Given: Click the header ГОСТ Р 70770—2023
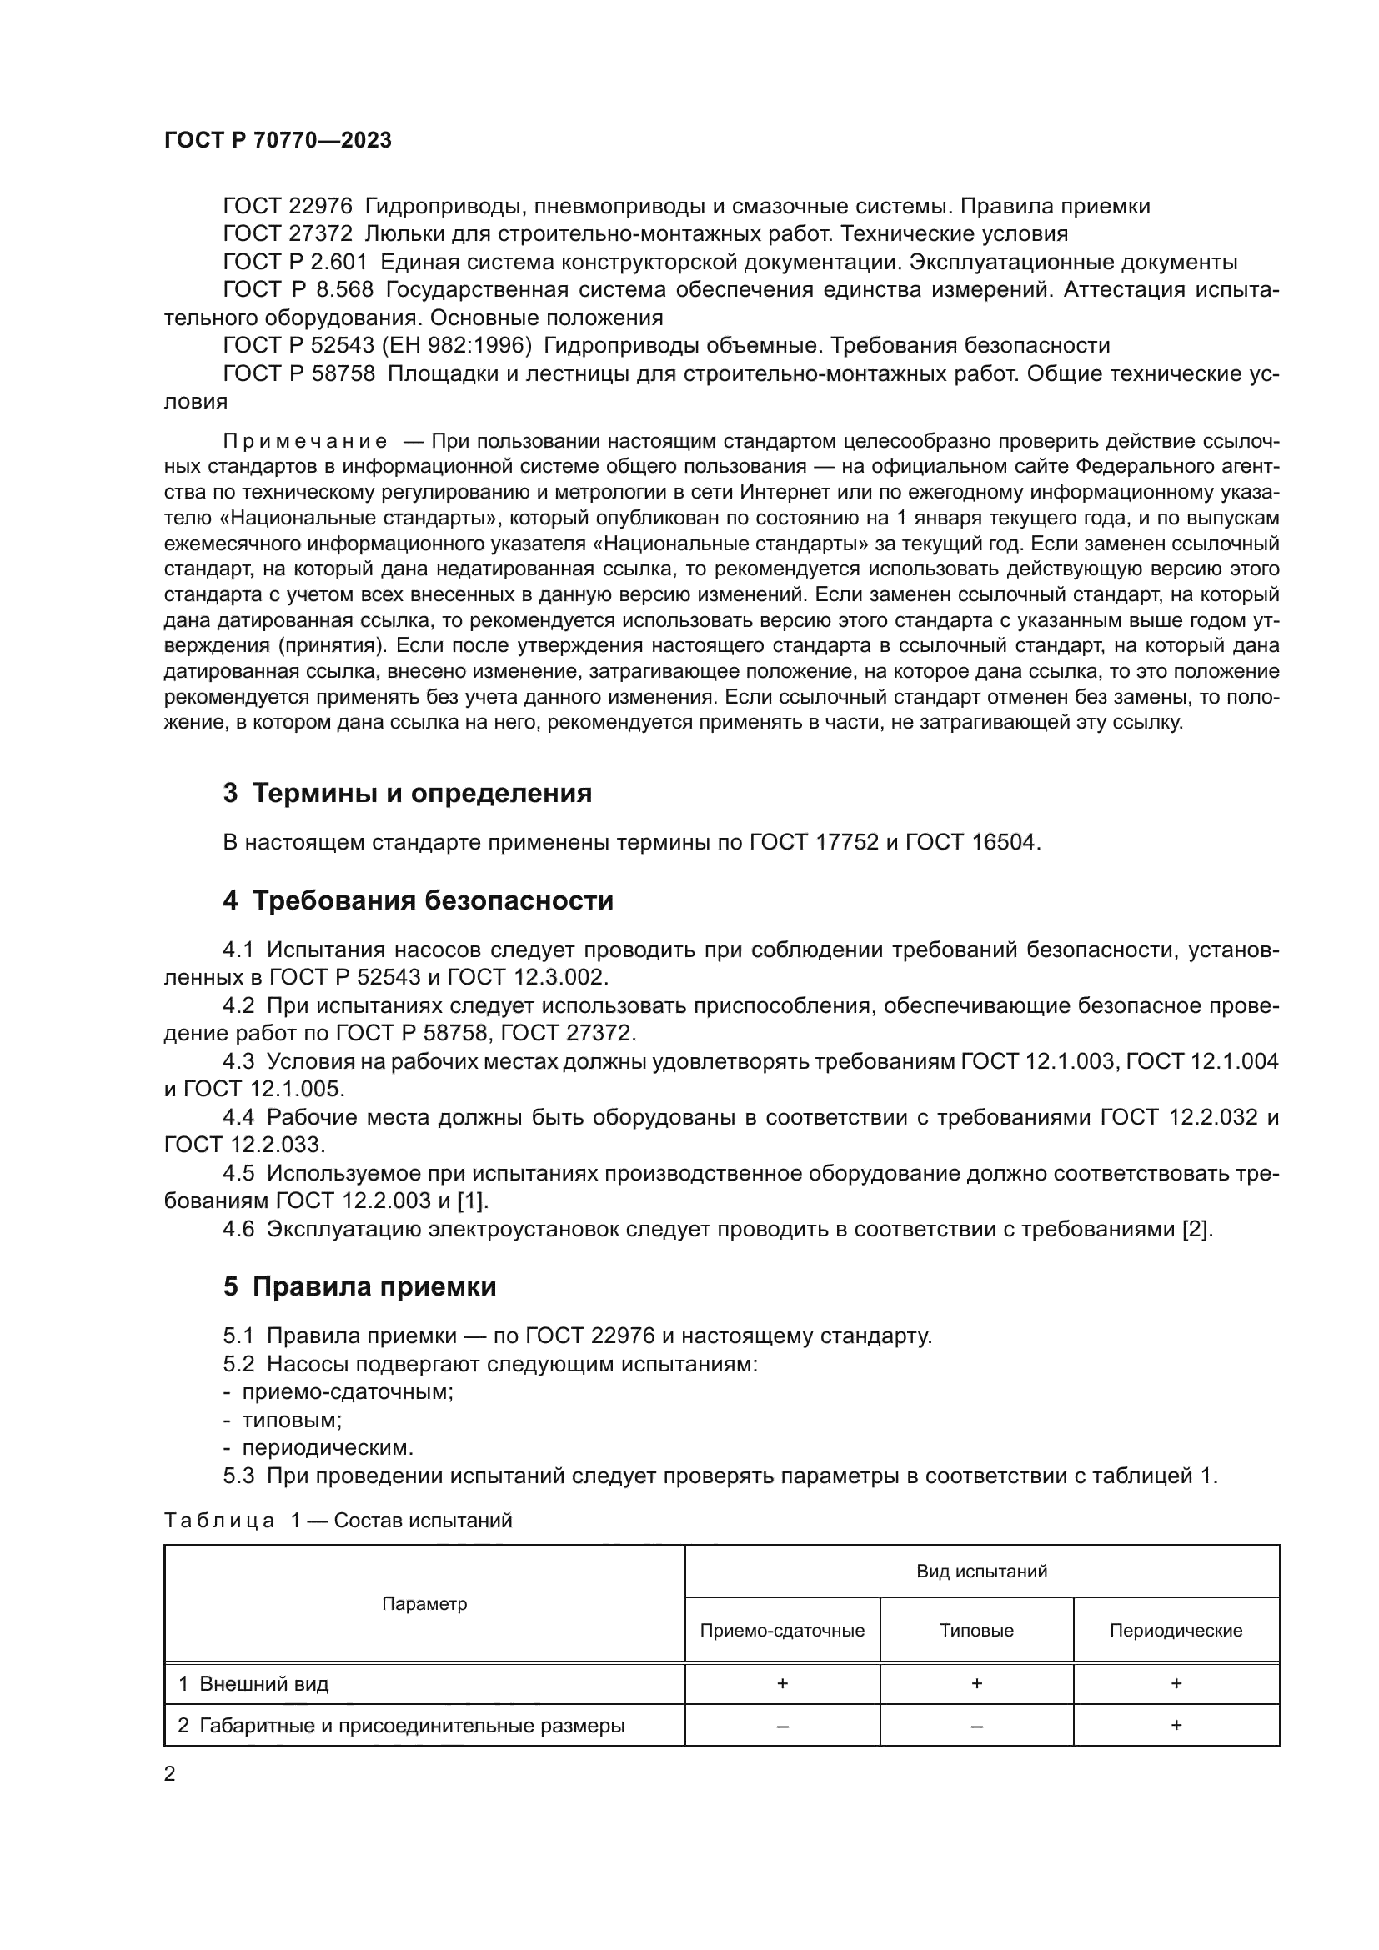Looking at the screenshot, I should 278,141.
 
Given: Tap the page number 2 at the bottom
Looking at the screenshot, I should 170,1774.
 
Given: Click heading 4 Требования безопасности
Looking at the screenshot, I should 418,900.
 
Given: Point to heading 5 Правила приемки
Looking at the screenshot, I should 359,1286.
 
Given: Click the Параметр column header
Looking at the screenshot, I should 424,1603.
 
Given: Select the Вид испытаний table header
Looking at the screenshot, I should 981,1572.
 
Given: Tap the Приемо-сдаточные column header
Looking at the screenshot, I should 782,1631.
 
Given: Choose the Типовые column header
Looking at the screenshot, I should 976,1631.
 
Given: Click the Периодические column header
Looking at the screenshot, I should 1176,1631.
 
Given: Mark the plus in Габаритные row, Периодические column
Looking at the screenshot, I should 1176,1726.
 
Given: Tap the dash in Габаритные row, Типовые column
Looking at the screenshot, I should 976,1727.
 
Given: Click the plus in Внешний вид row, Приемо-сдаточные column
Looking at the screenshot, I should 782,1683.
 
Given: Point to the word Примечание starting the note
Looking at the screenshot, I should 305,442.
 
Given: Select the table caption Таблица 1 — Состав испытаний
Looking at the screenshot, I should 338,1521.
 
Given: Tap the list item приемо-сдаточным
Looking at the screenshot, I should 348,1392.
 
